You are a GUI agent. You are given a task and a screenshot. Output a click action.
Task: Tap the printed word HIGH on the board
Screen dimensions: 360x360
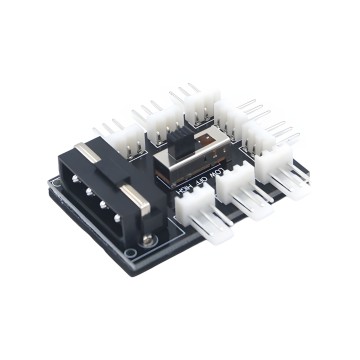(184, 187)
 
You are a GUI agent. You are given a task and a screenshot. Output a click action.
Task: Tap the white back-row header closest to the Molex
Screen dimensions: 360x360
(115, 135)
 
